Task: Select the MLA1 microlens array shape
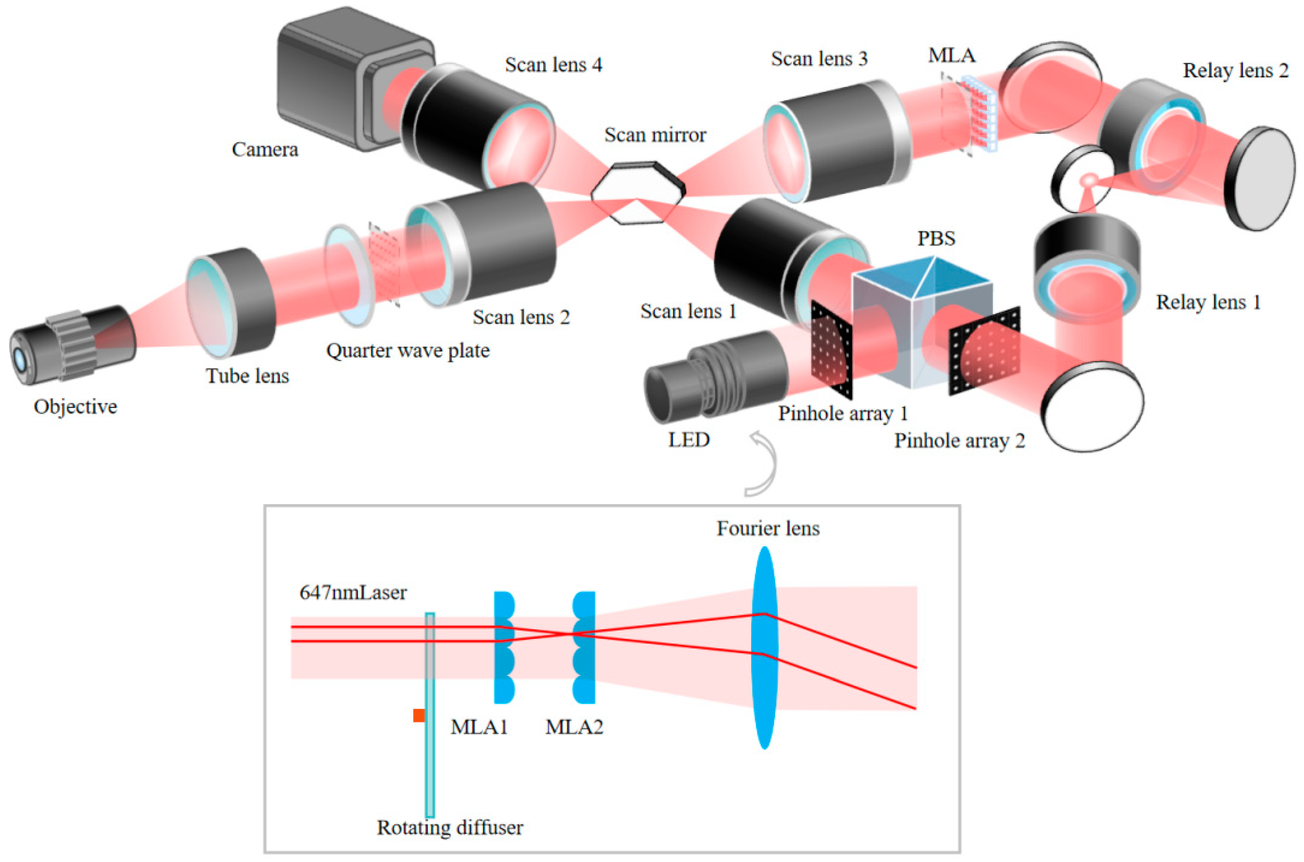503,649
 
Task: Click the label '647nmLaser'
353,593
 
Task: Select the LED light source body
714,377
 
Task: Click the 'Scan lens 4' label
553,65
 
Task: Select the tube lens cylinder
231,302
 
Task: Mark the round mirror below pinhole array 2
1094,407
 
